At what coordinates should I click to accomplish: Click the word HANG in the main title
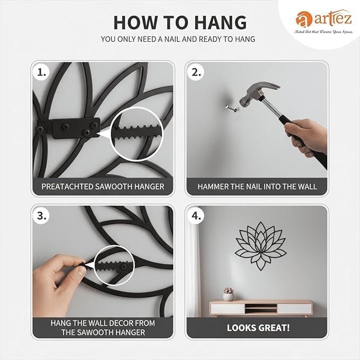221,22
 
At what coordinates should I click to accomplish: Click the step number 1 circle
41,73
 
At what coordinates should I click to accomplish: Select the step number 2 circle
196,73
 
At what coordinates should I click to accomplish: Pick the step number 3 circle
41,216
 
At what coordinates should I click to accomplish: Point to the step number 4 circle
196,216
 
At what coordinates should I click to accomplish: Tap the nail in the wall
231,108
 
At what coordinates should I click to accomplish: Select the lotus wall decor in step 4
260,245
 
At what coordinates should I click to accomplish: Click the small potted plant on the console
229,294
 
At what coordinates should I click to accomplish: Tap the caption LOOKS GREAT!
258,328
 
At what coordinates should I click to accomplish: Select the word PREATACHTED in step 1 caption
67,187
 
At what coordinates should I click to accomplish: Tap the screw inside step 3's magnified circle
124,267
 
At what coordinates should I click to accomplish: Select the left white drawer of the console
228,309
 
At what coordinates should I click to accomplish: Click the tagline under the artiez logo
324,32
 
